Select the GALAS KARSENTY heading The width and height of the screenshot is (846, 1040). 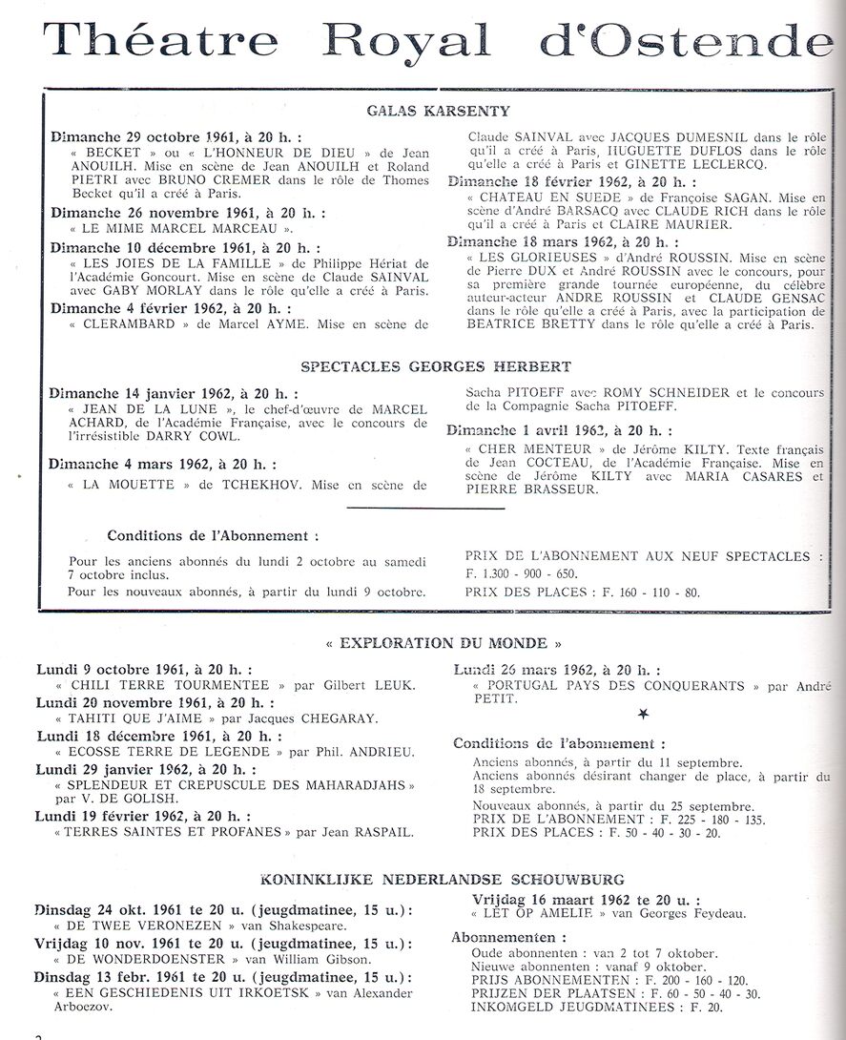tap(438, 111)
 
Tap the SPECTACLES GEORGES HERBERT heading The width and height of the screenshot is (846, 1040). tap(436, 366)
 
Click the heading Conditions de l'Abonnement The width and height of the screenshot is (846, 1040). tap(213, 536)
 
